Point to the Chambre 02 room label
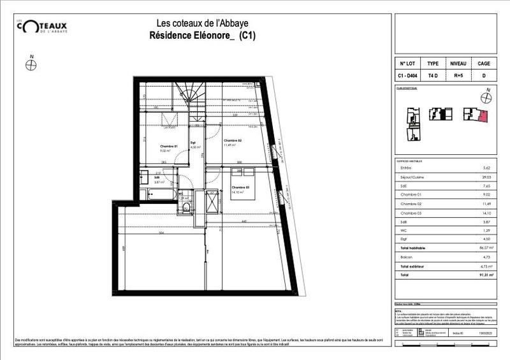tap(231, 140)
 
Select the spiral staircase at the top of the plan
tap(189, 96)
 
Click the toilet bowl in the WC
tap(186, 206)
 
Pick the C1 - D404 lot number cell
tap(407, 76)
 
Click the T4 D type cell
tap(432, 76)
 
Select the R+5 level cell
tap(458, 76)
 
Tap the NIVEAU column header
tap(458, 64)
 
